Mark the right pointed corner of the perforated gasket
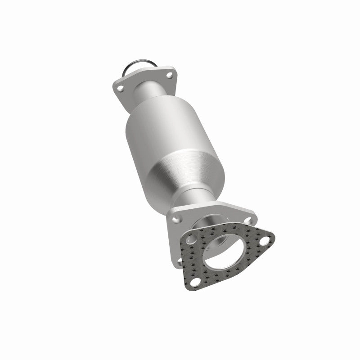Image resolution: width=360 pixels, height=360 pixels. pos(274,236)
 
